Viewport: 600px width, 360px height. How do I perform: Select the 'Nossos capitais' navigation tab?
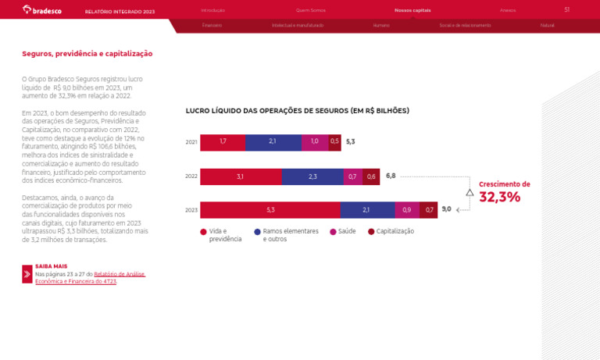[x=412, y=10]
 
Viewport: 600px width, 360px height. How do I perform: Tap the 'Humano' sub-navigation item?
[x=381, y=26]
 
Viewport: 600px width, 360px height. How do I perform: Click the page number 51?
[x=566, y=10]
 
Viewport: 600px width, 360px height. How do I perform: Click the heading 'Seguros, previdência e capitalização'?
[x=87, y=54]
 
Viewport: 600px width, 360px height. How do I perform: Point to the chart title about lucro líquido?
[x=297, y=111]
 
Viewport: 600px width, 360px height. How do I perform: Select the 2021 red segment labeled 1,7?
[x=223, y=142]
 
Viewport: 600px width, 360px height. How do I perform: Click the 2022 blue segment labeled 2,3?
[x=312, y=176]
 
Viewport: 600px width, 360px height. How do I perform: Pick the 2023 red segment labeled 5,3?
[x=270, y=210]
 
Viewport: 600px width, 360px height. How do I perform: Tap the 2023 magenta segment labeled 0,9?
[x=407, y=210]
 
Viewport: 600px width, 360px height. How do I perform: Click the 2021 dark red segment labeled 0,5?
[x=334, y=142]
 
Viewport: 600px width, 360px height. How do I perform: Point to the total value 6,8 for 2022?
[x=391, y=176]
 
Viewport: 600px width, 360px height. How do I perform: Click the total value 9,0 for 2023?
[x=446, y=209]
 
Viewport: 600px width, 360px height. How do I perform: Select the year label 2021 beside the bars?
[x=191, y=142]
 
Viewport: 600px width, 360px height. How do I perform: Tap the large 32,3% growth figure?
[x=499, y=198]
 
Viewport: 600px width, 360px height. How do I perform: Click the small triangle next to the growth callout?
[x=470, y=192]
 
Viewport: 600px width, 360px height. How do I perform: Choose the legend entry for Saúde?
[x=343, y=232]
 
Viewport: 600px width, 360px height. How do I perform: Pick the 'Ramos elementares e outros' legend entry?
[x=286, y=235]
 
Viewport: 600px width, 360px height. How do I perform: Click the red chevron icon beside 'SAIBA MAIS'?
[x=27, y=274]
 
